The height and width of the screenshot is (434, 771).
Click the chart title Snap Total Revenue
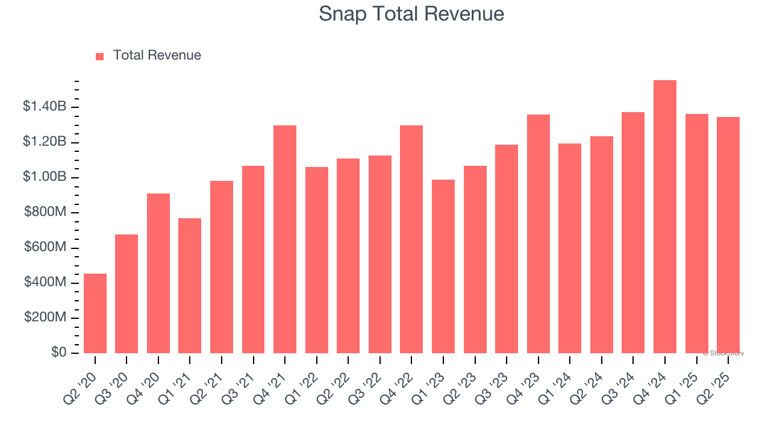411,14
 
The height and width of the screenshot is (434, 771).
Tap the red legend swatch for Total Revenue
100,56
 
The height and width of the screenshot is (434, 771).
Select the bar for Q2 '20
95,313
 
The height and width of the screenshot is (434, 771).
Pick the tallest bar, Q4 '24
665,217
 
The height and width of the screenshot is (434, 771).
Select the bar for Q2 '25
728,235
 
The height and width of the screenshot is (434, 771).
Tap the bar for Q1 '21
190,286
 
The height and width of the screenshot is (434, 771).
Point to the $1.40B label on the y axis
45,107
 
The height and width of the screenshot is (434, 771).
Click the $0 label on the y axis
58,353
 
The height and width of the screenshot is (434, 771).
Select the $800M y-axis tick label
45,212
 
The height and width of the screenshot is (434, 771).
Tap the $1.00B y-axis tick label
45,177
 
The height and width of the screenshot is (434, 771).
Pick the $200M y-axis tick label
45,318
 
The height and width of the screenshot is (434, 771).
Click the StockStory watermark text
723,353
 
